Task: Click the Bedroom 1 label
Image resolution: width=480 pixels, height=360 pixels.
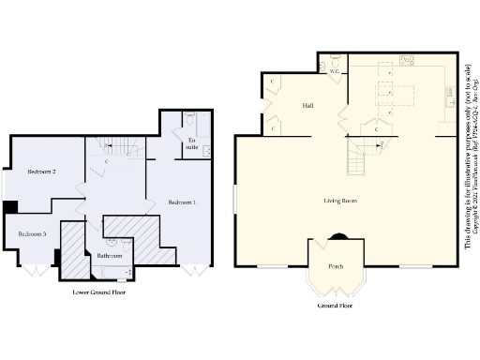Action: [182, 202]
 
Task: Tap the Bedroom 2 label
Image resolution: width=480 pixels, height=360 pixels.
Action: [42, 172]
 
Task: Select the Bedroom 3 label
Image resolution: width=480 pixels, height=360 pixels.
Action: [32, 233]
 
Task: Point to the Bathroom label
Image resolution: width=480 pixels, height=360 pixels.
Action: [110, 255]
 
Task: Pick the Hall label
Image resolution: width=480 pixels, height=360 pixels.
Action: [307, 106]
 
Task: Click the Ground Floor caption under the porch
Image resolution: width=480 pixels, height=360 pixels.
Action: [335, 307]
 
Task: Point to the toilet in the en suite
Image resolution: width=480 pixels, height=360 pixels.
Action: [190, 119]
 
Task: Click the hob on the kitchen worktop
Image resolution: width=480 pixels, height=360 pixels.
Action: [408, 61]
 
